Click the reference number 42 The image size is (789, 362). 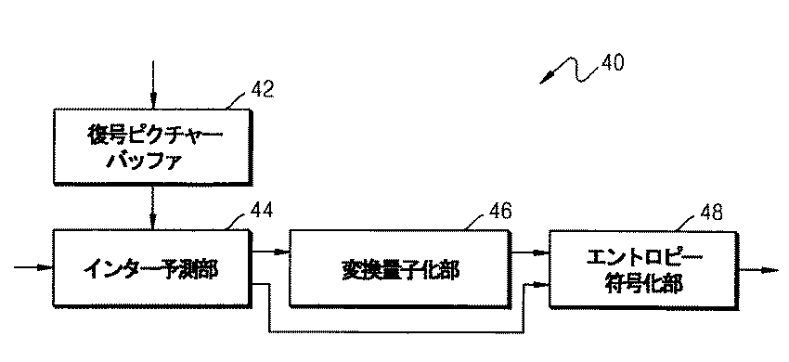pos(263,89)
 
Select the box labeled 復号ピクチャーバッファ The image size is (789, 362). pos(151,145)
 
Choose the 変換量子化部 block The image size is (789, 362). pos(400,269)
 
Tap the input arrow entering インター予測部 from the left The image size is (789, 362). pos(32,269)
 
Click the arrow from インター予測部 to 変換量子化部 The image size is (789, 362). pos(272,252)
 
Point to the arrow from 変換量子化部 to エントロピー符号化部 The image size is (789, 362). pos(529,252)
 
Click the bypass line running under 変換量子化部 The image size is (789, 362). pos(399,330)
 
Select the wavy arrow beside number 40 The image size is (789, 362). pos(568,71)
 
